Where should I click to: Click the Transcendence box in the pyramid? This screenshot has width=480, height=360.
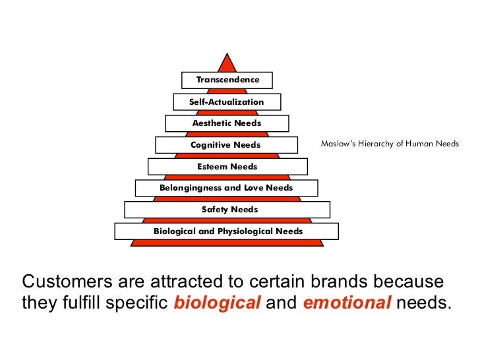227,80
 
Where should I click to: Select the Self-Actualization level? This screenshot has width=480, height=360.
227,102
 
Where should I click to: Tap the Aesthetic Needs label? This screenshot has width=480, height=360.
227,123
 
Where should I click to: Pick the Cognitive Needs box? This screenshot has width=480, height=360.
226,145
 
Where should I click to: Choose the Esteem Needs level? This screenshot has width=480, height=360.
227,167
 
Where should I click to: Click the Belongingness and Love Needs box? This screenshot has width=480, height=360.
226,188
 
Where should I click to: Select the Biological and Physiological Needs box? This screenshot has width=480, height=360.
228,231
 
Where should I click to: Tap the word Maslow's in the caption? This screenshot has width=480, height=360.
337,143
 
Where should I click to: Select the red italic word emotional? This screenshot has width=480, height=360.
347,303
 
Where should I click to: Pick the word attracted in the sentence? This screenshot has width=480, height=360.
176,282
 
